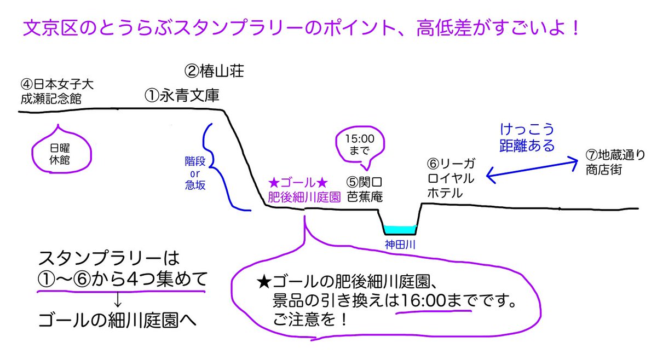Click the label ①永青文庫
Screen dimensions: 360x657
(x=182, y=96)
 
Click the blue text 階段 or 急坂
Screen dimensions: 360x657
(x=195, y=172)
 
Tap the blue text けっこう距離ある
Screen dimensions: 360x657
(x=527, y=138)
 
